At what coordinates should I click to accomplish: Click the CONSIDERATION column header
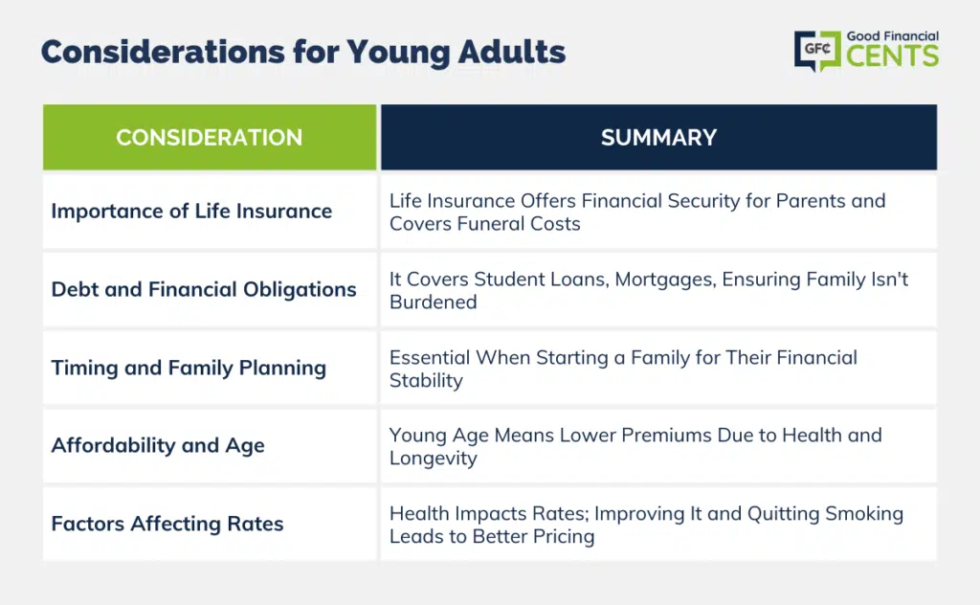click(210, 138)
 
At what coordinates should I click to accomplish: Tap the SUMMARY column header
click(658, 138)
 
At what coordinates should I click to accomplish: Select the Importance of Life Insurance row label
click(191, 212)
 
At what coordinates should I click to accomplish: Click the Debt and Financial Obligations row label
click(204, 289)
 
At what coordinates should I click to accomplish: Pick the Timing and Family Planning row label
click(189, 368)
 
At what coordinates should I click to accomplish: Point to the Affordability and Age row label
click(158, 446)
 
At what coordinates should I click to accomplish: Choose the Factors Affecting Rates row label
click(167, 524)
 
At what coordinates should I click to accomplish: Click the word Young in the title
click(398, 53)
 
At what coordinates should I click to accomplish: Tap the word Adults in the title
click(512, 52)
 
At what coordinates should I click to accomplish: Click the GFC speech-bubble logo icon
click(817, 51)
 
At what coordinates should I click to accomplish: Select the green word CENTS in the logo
click(893, 56)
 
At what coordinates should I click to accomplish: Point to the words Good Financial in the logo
click(893, 36)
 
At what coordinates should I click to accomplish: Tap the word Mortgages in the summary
click(665, 280)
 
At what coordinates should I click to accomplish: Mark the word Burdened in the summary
click(434, 302)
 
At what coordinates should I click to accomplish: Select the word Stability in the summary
click(426, 381)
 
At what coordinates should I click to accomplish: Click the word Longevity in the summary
click(434, 459)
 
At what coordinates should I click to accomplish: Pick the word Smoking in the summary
click(864, 514)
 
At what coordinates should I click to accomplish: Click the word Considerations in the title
click(163, 52)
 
